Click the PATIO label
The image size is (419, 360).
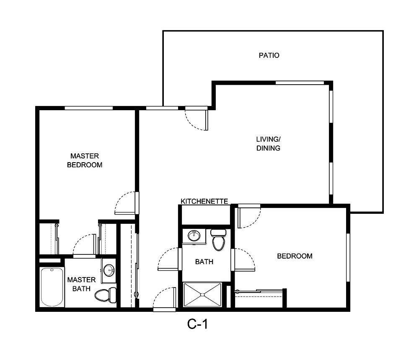(269, 55)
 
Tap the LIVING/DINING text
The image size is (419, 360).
(268, 143)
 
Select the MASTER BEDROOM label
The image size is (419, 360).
(85, 161)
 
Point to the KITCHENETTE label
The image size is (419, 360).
(204, 202)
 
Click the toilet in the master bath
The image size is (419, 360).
(105, 295)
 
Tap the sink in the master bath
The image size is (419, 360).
(109, 269)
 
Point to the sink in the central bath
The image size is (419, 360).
(194, 236)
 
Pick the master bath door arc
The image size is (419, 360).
(84, 245)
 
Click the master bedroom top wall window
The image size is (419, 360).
(88, 108)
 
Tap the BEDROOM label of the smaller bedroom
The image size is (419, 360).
(295, 256)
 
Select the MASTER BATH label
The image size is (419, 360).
(81, 284)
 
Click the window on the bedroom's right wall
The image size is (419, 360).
(348, 257)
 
